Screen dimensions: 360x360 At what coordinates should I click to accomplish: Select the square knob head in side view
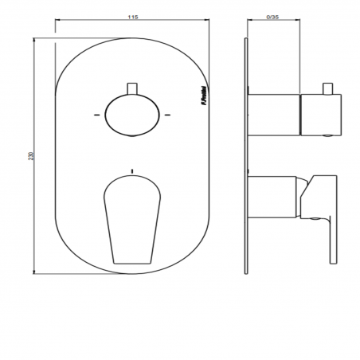point(320,114)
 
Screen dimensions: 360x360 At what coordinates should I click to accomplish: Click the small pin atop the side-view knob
point(327,86)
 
